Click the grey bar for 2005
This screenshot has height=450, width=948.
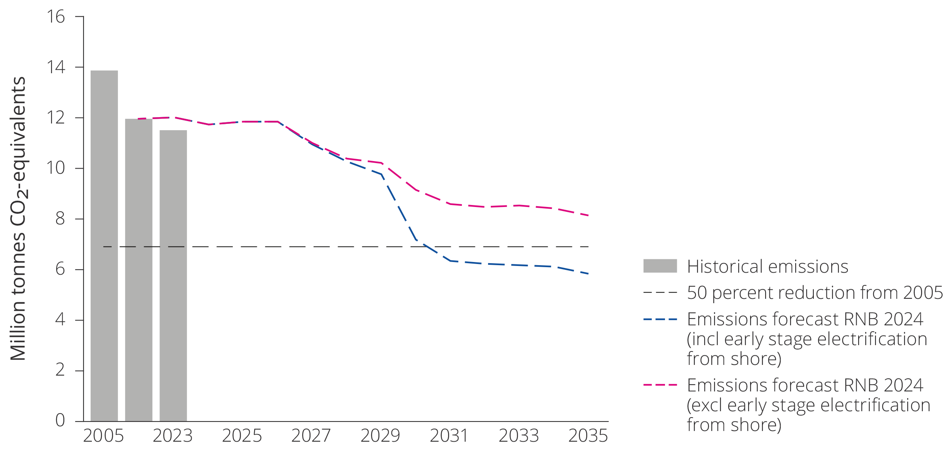click(104, 245)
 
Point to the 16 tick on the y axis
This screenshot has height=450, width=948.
click(56, 17)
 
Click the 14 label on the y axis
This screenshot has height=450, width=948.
click(56, 67)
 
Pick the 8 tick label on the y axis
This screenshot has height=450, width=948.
click(60, 218)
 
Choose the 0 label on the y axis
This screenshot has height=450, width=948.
click(60, 420)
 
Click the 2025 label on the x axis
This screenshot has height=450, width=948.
click(242, 436)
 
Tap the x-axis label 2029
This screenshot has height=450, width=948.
click(380, 436)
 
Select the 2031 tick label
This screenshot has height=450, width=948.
click(449, 436)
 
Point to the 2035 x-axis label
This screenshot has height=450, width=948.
click(588, 436)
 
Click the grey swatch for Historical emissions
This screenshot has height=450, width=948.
click(660, 266)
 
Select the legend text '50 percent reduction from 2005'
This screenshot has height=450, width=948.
click(815, 293)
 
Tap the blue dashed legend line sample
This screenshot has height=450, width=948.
click(660, 319)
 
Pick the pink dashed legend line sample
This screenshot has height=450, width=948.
click(660, 385)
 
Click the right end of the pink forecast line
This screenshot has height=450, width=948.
click(589, 215)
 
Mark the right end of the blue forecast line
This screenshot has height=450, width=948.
click(589, 273)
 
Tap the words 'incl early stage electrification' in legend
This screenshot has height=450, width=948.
click(809, 339)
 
